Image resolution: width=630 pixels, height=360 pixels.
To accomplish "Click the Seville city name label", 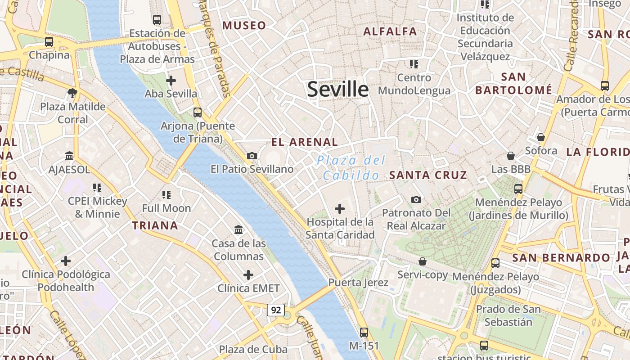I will (x=337, y=89).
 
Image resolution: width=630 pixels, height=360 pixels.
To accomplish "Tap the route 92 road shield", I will (x=276, y=310).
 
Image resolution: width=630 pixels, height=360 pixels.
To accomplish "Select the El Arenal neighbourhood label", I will (x=304, y=142).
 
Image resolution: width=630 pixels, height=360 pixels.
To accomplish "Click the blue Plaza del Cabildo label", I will (x=351, y=167).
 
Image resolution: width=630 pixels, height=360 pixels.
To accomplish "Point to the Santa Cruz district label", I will (x=428, y=175).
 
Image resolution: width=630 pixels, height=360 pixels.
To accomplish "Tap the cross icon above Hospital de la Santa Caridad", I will (x=340, y=209).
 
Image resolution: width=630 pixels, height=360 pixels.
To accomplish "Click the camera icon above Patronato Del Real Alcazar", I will (x=416, y=199).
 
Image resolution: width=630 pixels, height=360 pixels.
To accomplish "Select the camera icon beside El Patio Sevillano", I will (x=252, y=156).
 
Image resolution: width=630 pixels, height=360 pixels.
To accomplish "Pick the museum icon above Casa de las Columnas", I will (x=238, y=230).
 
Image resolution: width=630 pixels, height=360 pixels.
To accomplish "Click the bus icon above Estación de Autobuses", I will (x=157, y=20).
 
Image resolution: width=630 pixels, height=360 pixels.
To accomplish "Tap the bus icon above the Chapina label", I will (x=49, y=42).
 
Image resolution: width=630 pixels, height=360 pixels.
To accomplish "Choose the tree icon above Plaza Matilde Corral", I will (x=72, y=93).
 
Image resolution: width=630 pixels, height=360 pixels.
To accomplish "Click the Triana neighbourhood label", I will (x=155, y=225).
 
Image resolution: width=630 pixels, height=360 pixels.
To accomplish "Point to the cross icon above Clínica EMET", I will (x=248, y=274).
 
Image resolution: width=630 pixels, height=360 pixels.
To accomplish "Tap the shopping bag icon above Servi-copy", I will (x=423, y=261).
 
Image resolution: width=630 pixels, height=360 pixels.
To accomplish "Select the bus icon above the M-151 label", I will (x=364, y=333).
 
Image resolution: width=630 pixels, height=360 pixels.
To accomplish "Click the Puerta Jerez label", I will (x=358, y=283).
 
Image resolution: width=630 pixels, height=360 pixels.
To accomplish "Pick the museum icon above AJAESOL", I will (x=69, y=156).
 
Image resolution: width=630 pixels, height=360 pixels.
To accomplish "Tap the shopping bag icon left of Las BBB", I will (x=511, y=156).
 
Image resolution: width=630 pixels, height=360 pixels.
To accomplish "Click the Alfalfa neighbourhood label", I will (x=390, y=31).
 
